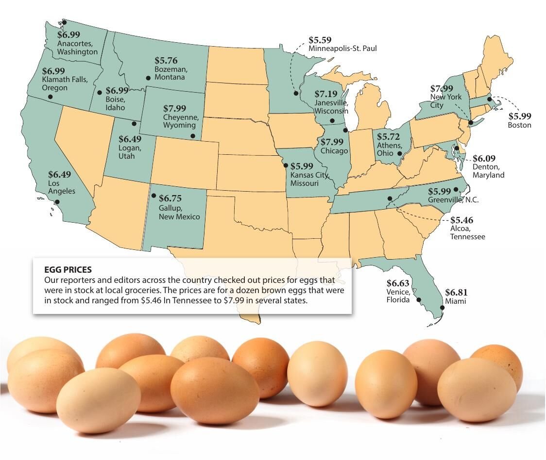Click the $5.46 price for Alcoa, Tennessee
461,220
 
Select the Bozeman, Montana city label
171,73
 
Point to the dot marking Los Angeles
57,202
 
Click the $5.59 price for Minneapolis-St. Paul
321,40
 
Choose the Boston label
519,125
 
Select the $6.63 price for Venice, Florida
398,283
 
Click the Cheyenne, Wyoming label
181,121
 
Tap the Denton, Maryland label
488,170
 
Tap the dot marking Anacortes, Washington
64,22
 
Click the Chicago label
334,151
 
